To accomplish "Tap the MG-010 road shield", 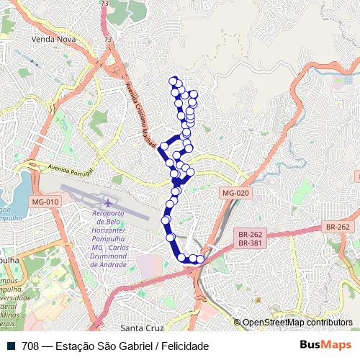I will [45, 202].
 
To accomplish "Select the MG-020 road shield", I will [235, 193].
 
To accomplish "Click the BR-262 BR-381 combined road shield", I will [251, 238].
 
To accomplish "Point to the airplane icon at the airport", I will [109, 202].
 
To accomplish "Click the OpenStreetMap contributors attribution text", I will [297, 323].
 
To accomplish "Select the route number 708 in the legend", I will [30, 346].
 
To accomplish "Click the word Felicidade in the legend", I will [185, 346].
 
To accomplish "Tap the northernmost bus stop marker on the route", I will [172, 80].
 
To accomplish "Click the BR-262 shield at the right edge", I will [337, 227].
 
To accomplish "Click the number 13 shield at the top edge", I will [105, 4].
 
